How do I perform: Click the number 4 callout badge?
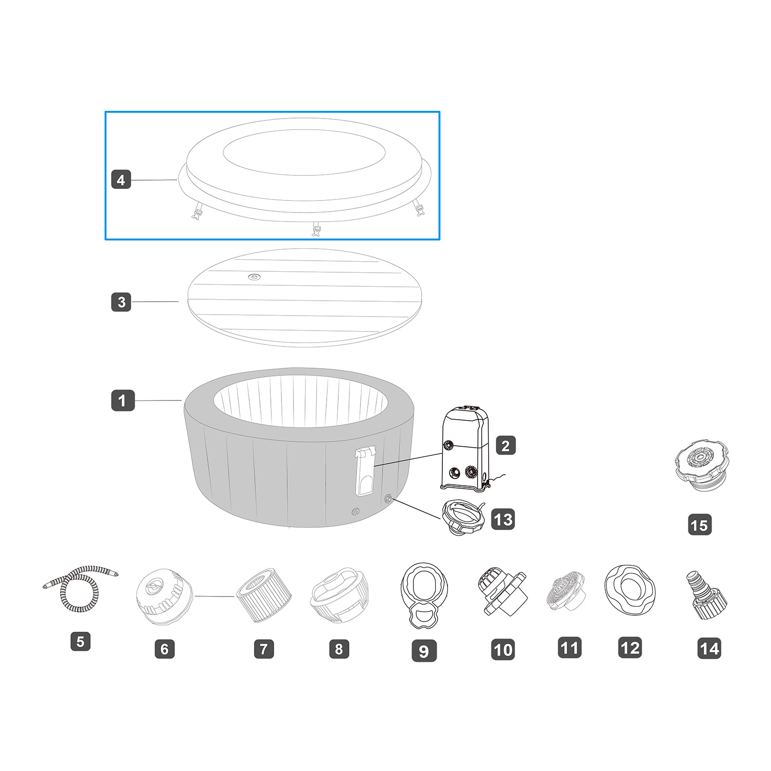click(121, 180)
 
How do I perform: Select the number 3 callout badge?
click(121, 302)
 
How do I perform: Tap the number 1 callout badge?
click(122, 400)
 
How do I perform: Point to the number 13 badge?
click(503, 519)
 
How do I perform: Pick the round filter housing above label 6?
click(164, 596)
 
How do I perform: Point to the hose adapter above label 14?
click(706, 595)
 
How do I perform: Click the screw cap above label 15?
click(701, 464)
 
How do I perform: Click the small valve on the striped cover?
click(254, 277)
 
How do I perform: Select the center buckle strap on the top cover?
click(317, 229)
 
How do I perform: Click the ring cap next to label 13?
click(462, 517)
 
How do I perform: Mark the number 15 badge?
click(700, 525)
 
